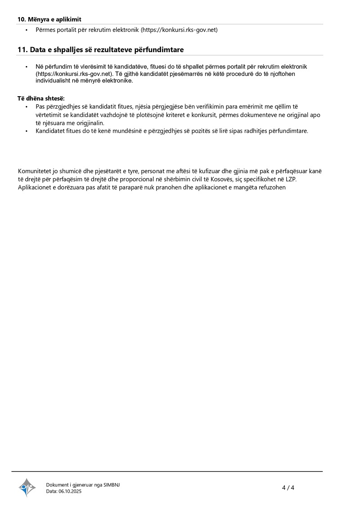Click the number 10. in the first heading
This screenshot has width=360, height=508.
tap(22, 19)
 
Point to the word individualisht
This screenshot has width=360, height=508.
tap(55, 80)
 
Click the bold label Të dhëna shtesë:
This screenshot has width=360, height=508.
tap(41, 98)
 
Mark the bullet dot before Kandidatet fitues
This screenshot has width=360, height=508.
tap(27, 131)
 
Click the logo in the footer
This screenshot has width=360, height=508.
tap(27, 488)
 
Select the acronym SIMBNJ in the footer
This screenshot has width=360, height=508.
tap(112, 485)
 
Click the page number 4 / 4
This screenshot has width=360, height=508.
tap(288, 488)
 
